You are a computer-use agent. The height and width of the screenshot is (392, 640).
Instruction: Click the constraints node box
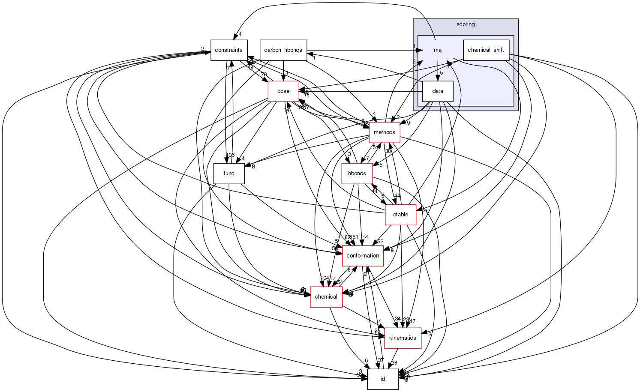[x=229, y=50]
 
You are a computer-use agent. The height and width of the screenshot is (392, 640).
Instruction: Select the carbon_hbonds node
[x=283, y=50]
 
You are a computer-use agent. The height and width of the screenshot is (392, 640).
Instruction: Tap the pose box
[x=283, y=91]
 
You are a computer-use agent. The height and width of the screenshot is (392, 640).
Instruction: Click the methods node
[x=385, y=132]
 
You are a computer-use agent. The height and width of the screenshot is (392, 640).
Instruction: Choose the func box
[x=229, y=174]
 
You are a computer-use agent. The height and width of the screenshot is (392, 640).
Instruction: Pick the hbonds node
[x=357, y=174]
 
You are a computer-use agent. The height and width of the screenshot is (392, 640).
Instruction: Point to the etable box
[x=400, y=215]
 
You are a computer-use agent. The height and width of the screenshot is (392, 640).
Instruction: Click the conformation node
[x=362, y=256]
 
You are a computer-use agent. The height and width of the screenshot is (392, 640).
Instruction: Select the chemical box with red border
[x=326, y=297]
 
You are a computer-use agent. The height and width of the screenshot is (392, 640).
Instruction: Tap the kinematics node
[x=403, y=338]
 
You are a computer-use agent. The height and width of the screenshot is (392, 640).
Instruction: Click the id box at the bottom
[x=383, y=379]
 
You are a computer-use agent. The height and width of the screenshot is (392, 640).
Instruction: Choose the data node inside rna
[x=438, y=91]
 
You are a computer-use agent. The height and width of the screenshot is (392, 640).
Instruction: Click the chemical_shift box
[x=486, y=50]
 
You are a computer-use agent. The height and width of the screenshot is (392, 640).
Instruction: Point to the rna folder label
[x=437, y=50]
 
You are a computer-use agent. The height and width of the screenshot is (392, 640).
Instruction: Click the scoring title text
[x=466, y=24]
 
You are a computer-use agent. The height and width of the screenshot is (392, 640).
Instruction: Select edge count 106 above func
[x=230, y=155]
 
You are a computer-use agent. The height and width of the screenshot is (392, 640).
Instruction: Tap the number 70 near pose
[x=264, y=75]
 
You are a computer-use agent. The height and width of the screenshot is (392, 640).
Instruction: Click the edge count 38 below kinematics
[x=394, y=363]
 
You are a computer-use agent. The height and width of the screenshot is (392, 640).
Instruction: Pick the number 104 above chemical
[x=325, y=278]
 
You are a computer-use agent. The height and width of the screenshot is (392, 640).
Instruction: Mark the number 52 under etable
[x=380, y=242]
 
